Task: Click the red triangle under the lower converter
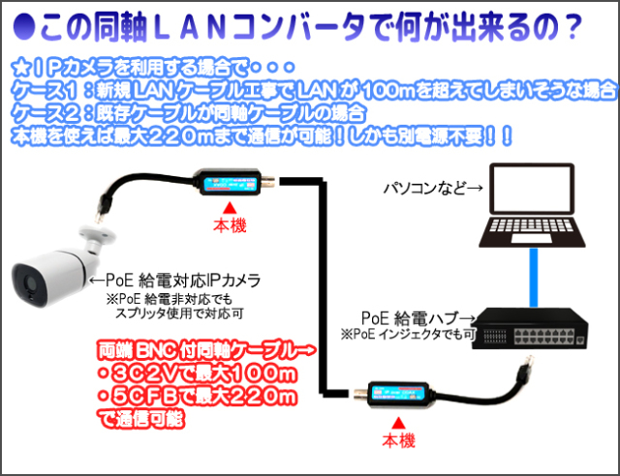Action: (396, 424)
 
